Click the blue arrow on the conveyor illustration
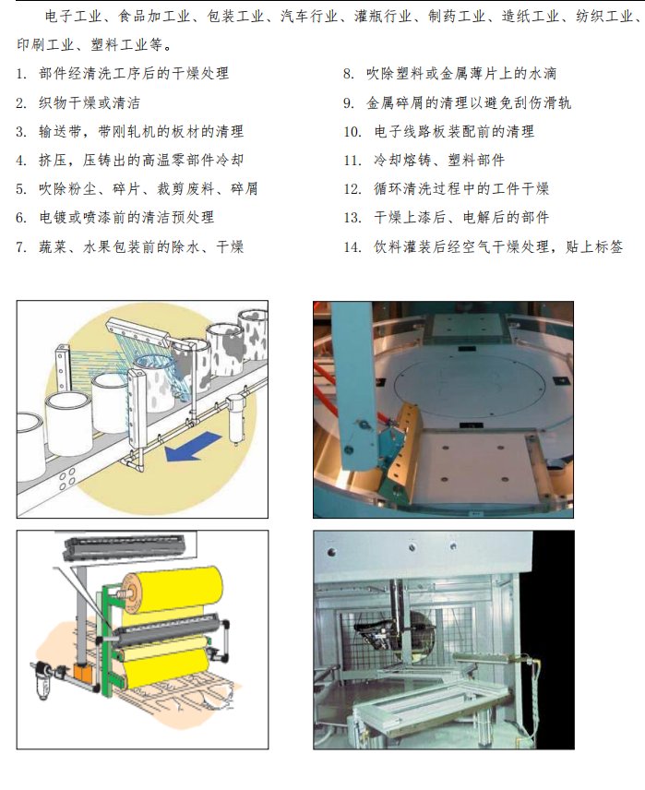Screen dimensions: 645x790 [x=193, y=446]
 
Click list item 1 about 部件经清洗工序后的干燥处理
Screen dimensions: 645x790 [x=123, y=74]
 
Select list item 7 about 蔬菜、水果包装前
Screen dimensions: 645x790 [x=129, y=247]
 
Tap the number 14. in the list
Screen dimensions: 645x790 [x=352, y=247]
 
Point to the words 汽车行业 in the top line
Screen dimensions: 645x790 [x=309, y=17]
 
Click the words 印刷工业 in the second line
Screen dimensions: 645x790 [x=45, y=45]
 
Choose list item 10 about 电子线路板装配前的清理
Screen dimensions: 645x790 [x=439, y=131]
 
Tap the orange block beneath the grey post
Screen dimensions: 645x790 [x=80, y=672]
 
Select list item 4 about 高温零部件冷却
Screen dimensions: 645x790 [x=130, y=161]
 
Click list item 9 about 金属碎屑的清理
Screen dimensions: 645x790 [x=458, y=102]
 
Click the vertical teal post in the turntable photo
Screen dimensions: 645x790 [x=353, y=388]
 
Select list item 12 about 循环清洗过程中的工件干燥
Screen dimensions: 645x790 [x=447, y=189]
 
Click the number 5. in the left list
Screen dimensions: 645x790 [x=20, y=189]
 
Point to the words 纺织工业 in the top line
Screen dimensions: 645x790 [x=603, y=17]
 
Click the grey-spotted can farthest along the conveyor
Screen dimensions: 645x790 [x=253, y=333]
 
